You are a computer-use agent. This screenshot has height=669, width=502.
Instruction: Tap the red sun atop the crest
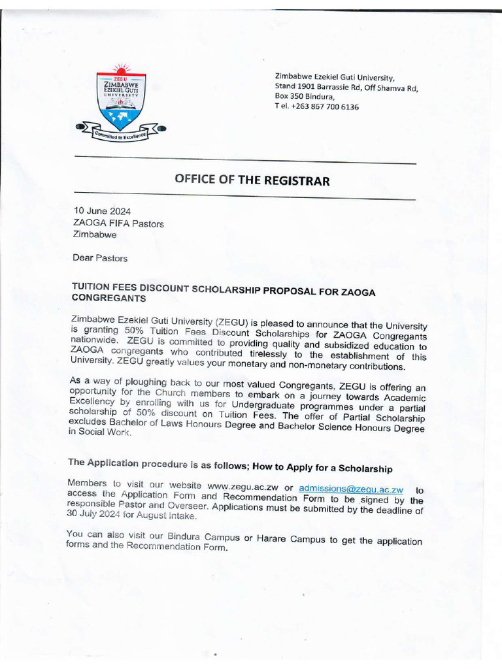(x=120, y=69)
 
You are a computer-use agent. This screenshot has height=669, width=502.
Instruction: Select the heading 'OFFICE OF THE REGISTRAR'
(x=252, y=180)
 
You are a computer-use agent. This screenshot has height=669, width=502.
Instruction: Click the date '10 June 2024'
(x=102, y=210)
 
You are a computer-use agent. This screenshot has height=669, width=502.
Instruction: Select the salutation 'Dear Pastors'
(x=100, y=258)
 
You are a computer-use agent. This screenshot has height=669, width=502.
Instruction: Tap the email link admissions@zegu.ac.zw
(x=351, y=489)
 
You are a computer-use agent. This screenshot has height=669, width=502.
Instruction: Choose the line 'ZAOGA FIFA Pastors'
(x=118, y=223)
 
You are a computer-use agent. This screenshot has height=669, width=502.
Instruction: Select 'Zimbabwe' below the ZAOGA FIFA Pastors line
(x=95, y=235)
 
